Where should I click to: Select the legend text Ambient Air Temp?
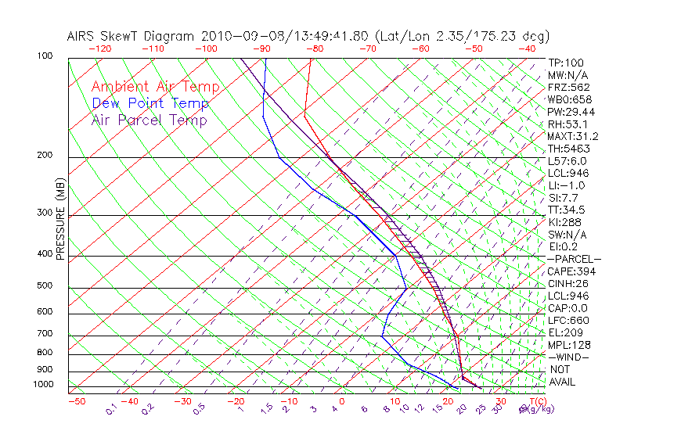pos(155,87)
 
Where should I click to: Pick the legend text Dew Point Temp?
pos(150,103)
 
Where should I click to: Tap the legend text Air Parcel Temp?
pos(149,120)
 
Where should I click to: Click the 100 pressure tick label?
pos(45,56)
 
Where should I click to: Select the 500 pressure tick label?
pos(45,285)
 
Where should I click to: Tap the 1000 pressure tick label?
pos(42,385)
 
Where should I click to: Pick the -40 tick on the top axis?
pos(527,48)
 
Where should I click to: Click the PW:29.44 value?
pos(571,112)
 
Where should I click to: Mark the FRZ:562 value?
pos(568,87)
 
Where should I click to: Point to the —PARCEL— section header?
pos(574,259)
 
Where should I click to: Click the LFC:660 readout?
pos(567,320)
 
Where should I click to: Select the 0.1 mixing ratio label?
pos(111,409)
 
